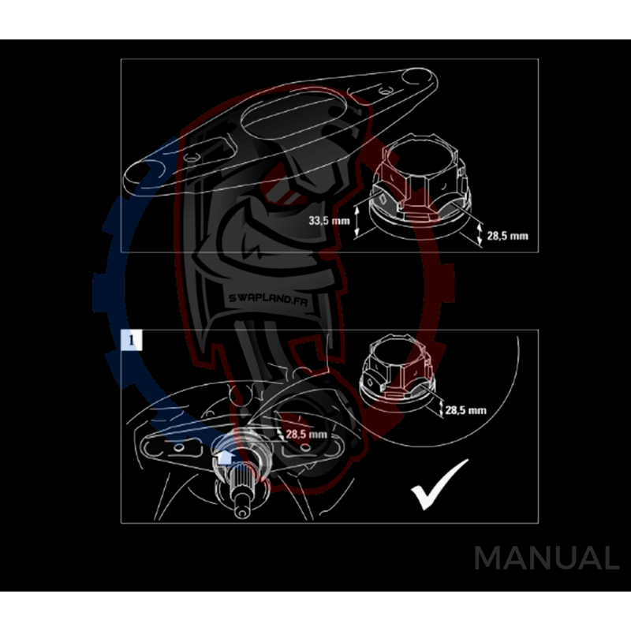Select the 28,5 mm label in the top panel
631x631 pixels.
pos(508,236)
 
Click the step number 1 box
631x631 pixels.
pos(132,339)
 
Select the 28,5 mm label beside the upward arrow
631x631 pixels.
pos(307,435)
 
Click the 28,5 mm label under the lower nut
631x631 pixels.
pos(465,410)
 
